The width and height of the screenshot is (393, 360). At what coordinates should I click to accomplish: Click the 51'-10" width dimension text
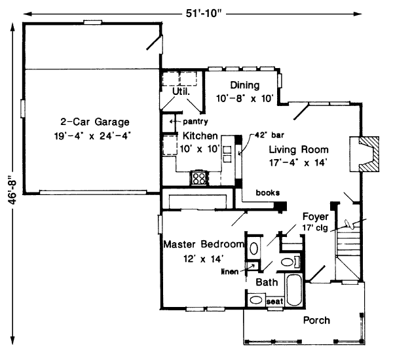[x=204, y=13]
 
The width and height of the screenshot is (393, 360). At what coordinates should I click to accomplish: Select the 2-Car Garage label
[x=95, y=122]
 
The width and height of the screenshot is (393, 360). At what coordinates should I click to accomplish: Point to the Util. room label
[x=181, y=92]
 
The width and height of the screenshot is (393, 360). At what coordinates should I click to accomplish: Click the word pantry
[x=195, y=122]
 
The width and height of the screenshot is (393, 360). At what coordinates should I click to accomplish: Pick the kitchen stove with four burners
[x=198, y=177]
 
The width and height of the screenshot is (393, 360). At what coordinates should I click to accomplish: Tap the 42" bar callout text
[x=269, y=135]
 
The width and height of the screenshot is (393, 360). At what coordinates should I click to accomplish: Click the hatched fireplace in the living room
[x=369, y=154]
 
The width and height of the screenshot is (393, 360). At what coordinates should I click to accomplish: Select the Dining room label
[x=245, y=85]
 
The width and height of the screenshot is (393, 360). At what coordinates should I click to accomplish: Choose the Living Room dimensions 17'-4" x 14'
[x=298, y=163]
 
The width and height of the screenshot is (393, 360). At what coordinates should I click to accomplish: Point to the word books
[x=268, y=192]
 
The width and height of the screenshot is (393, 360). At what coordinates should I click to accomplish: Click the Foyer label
[x=315, y=217]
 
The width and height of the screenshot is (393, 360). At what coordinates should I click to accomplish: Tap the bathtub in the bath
[x=294, y=289]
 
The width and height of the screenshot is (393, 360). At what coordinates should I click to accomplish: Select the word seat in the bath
[x=274, y=302]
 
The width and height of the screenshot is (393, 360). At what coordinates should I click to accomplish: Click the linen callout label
[x=230, y=272]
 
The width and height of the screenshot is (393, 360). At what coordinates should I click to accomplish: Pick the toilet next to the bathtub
[x=290, y=262]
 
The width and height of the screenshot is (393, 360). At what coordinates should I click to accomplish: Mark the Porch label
[x=316, y=320]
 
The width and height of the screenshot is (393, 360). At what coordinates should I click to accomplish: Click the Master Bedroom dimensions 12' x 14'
[x=203, y=259]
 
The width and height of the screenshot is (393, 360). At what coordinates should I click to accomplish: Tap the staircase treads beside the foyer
[x=348, y=243]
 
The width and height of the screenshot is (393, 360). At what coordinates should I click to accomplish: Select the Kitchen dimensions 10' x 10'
[x=200, y=149]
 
